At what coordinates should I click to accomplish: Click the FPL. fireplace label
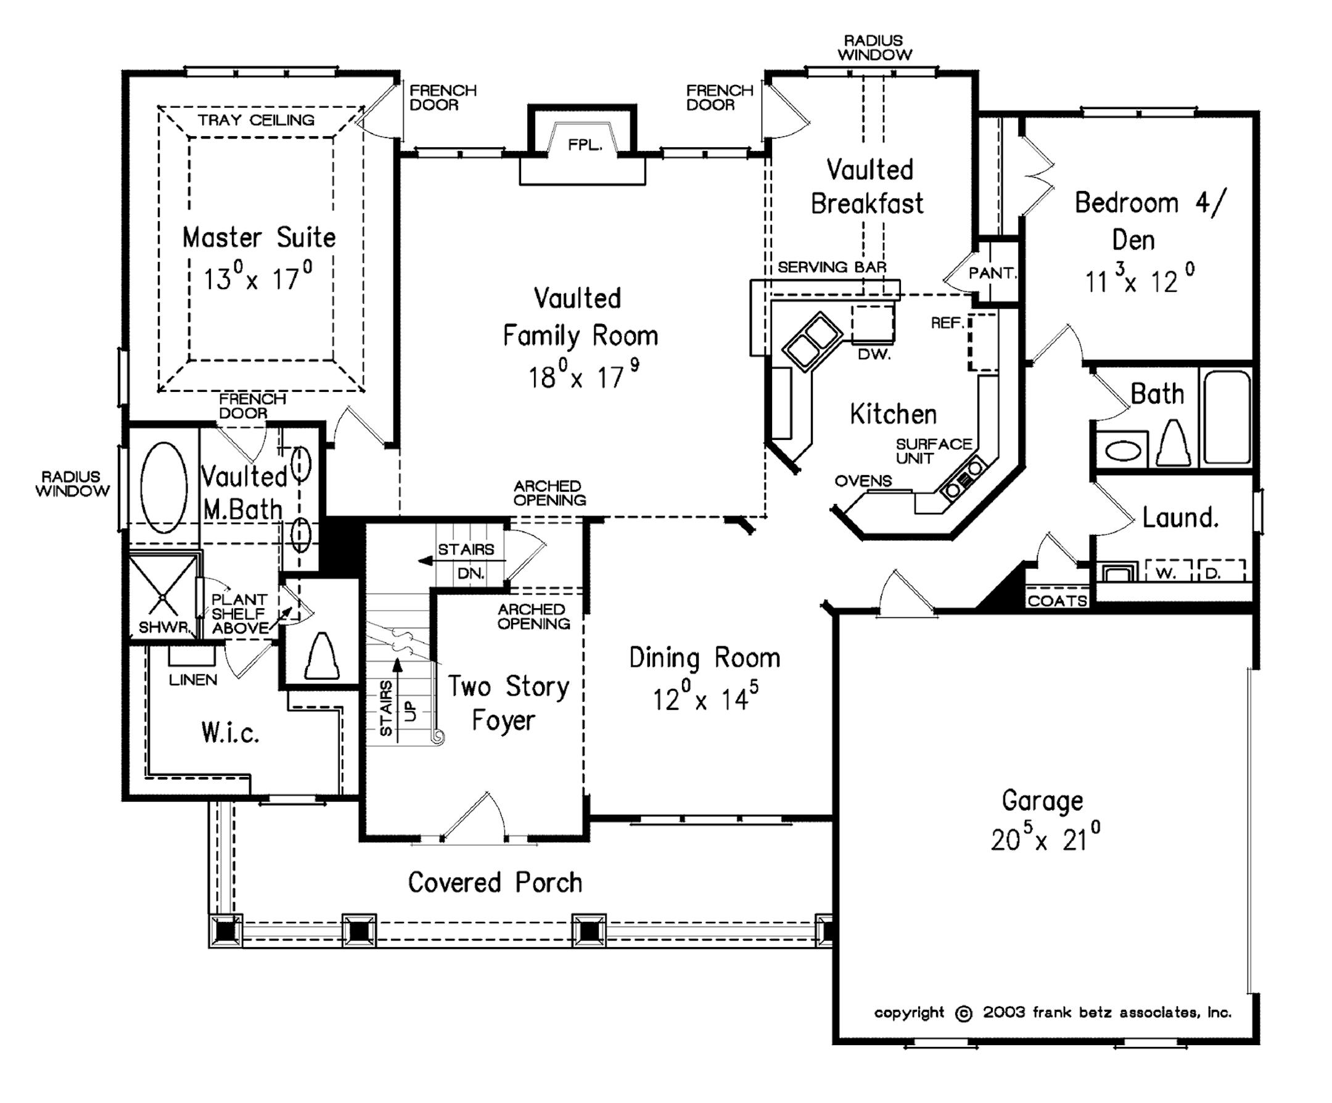(x=584, y=145)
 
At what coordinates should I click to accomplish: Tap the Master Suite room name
(x=259, y=238)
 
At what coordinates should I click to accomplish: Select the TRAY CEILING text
(x=256, y=120)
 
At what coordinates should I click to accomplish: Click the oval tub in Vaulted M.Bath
(x=163, y=487)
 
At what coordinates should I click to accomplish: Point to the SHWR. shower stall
(x=162, y=596)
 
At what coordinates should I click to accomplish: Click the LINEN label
(x=193, y=680)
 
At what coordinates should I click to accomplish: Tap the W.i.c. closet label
(x=230, y=733)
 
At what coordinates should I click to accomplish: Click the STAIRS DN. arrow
(x=424, y=561)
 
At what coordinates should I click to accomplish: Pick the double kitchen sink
(x=812, y=341)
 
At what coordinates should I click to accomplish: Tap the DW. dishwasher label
(x=874, y=354)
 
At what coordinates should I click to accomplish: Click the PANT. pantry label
(x=992, y=273)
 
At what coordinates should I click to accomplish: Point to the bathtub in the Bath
(x=1227, y=417)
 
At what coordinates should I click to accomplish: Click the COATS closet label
(x=1057, y=600)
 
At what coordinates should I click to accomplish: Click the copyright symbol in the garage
(x=963, y=1013)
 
